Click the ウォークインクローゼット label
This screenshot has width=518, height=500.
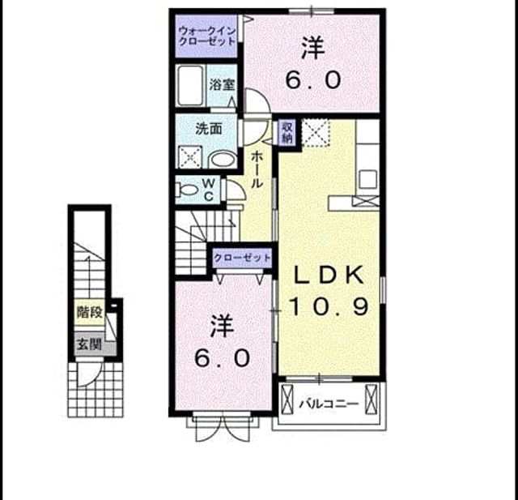coord(207,36)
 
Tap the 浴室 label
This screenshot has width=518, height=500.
coord(222,85)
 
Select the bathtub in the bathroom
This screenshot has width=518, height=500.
coord(189,85)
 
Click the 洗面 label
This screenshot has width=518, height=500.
coord(209,129)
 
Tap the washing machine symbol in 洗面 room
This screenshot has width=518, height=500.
coord(190,156)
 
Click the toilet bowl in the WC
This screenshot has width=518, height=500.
coord(187,190)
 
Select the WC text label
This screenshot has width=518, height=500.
coord(209,190)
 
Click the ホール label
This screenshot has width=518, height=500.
coord(257,169)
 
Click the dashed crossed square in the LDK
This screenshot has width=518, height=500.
coord(316,133)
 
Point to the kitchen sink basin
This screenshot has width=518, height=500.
coord(368,179)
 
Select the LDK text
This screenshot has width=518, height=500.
coord(329,276)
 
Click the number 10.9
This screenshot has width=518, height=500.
coord(329,306)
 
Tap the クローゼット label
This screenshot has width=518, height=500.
coord(242,258)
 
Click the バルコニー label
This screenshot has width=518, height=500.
coord(329,404)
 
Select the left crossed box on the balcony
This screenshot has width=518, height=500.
coord(287,400)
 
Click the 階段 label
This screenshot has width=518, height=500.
coord(90,312)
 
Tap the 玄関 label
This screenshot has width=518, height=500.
coord(89,345)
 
